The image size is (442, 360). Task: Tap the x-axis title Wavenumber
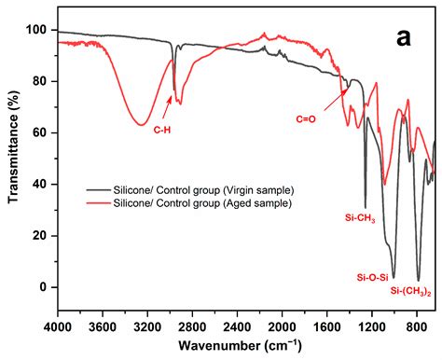pos(245,346)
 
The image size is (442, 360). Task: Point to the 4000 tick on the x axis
pos(58,326)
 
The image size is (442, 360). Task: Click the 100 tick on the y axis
pos(38,30)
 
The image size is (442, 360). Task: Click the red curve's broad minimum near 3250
pos(140,124)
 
